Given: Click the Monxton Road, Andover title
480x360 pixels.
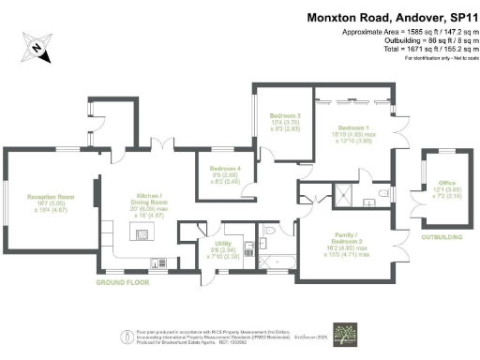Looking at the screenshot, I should coord(392,18).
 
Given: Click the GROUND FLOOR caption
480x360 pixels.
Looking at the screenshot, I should coord(123,281).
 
